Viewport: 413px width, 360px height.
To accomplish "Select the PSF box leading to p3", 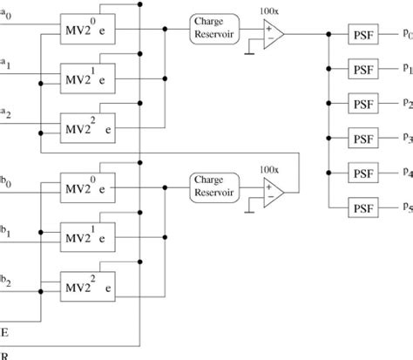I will tap(363, 137).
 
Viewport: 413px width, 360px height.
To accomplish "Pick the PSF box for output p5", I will tap(363, 207).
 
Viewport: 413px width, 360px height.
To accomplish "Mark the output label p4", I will tap(407, 173).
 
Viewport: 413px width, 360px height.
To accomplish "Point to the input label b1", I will tap(6, 233).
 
